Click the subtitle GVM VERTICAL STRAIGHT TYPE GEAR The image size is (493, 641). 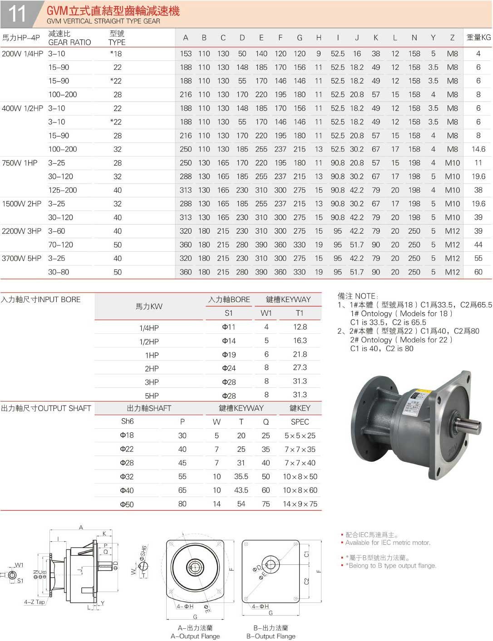pyautogui.click(x=103, y=21)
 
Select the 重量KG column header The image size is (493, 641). pyautogui.click(x=478, y=38)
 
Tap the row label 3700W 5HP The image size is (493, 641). pyautogui.click(x=21, y=258)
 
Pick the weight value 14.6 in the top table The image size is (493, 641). pyautogui.click(x=478, y=149)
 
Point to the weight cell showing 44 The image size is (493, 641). pyautogui.click(x=478, y=245)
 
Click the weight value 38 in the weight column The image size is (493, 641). pyautogui.click(x=478, y=190)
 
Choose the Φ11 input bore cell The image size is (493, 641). pyautogui.click(x=228, y=327)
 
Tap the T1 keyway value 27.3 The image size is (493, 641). pyautogui.click(x=300, y=367)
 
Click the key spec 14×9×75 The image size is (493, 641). pyautogui.click(x=300, y=504)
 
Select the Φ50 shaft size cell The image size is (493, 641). pyautogui.click(x=127, y=504)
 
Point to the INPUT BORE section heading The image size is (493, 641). pyautogui.click(x=41, y=299)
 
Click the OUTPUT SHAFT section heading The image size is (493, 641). pyautogui.click(x=46, y=408)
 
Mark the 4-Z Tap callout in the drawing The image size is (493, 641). pyautogui.click(x=35, y=602)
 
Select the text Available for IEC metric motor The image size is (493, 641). pyautogui.click(x=388, y=543)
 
